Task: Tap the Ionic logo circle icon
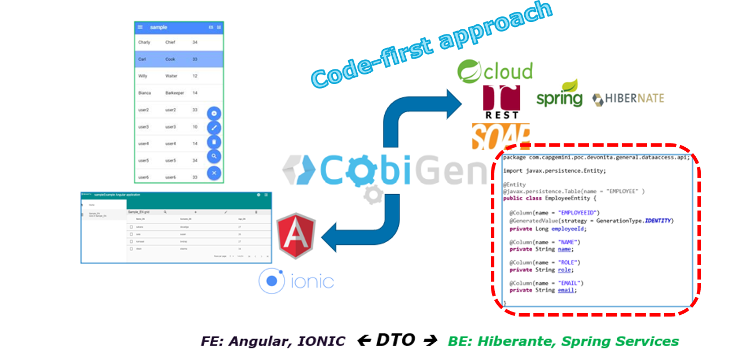271,281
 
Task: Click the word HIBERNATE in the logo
634,99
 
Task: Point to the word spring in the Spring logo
559,98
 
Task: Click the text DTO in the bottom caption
395,340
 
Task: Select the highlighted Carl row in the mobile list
179,59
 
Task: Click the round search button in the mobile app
214,156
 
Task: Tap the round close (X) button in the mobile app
214,173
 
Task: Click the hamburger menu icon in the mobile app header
141,27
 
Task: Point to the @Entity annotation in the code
514,185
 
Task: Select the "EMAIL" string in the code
570,283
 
